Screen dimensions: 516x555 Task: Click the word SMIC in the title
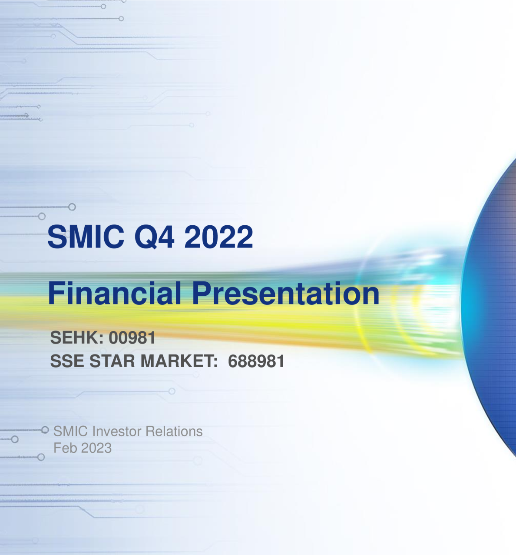[86, 237]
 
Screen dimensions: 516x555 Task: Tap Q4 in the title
[154, 237]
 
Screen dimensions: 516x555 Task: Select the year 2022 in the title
[218, 237]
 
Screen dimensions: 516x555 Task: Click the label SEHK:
[77, 338]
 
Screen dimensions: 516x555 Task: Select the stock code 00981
[132, 338]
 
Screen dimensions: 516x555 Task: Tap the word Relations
[174, 431]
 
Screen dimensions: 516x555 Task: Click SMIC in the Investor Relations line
[71, 431]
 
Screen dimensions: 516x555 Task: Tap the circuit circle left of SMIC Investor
[45, 430]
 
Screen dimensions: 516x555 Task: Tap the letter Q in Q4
[146, 237]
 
